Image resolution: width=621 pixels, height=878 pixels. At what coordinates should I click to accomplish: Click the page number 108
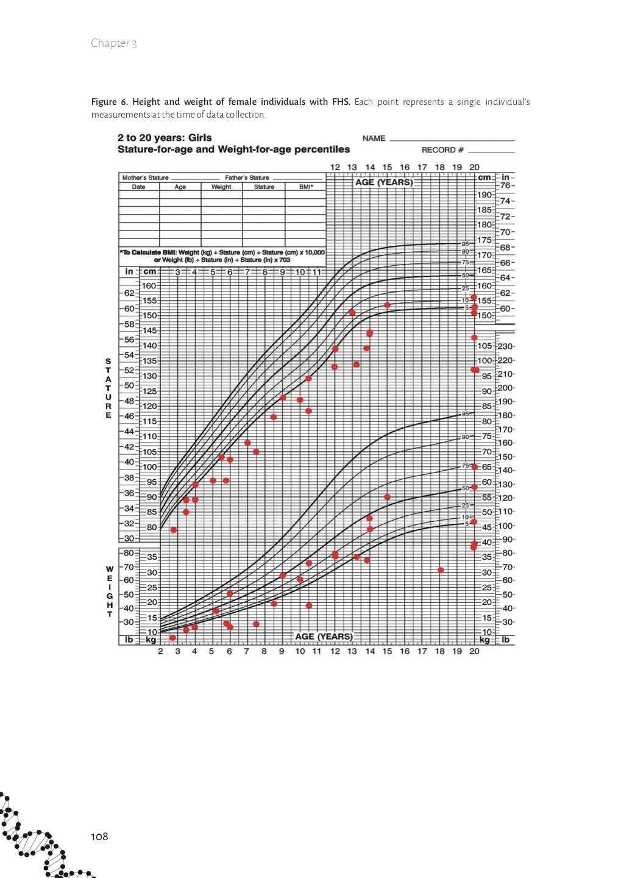click(99, 837)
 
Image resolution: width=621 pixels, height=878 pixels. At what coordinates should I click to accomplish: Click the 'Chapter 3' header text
click(114, 43)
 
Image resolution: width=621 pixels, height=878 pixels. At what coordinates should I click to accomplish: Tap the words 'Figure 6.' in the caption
click(109, 102)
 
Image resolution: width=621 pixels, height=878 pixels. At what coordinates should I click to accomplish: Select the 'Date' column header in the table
click(138, 187)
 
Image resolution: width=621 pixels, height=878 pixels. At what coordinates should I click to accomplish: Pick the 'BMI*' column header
click(306, 187)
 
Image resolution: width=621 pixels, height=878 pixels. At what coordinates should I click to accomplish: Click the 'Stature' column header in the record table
click(264, 187)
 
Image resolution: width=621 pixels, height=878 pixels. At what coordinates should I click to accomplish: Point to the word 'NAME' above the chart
click(374, 138)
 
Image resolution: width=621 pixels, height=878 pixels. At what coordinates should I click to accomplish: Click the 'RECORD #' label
click(442, 150)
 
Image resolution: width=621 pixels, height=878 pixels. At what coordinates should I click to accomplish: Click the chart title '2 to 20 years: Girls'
click(165, 138)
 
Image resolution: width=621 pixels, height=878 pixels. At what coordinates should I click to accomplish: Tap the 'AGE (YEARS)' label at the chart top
click(384, 182)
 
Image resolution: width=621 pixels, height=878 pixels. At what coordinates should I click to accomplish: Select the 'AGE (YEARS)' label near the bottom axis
click(324, 637)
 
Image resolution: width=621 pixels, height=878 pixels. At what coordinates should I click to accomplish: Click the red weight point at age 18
click(441, 571)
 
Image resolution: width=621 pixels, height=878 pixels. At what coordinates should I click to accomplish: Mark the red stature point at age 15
click(387, 305)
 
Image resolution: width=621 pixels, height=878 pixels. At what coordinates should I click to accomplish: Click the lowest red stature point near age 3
click(174, 530)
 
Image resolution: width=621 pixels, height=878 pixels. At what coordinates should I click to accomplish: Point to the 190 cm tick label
click(484, 195)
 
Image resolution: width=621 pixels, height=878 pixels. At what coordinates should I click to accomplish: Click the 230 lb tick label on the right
click(506, 346)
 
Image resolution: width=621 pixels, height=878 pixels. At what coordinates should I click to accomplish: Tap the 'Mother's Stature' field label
click(145, 178)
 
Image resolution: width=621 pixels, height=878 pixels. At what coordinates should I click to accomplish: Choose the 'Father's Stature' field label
click(247, 178)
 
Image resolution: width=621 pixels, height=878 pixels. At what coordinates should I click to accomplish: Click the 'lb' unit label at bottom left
click(129, 640)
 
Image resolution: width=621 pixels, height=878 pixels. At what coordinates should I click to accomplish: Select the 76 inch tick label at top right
click(505, 185)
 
